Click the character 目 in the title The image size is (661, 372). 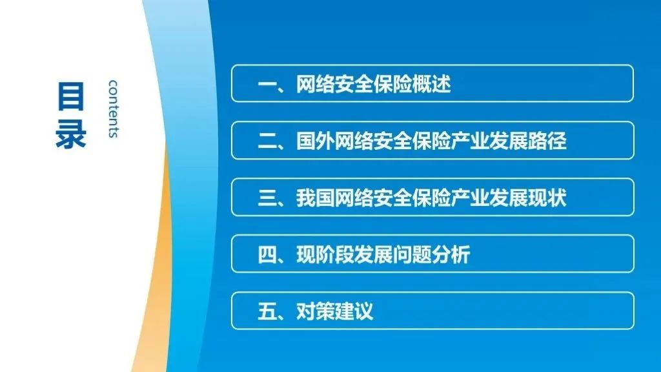tap(71, 97)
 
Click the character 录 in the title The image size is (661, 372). tap(71, 133)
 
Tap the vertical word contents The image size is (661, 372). tap(113, 108)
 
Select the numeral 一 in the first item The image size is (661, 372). tap(267, 85)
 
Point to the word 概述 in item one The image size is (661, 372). tap(431, 84)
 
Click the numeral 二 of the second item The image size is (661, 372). tap(267, 141)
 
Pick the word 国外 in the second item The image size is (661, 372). tap(315, 141)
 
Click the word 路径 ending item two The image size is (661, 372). tap(547, 141)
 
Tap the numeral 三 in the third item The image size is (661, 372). tap(267, 198)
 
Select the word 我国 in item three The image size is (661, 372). tap(315, 198)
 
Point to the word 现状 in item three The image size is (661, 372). tap(547, 198)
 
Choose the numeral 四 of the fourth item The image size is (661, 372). tap(267, 254)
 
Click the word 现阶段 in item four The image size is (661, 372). tap(325, 254)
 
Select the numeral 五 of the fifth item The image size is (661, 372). tap(267, 311)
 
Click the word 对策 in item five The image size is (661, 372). tap(315, 311)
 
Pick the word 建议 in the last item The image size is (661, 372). tap(354, 311)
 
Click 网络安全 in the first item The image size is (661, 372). tap(334, 84)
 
